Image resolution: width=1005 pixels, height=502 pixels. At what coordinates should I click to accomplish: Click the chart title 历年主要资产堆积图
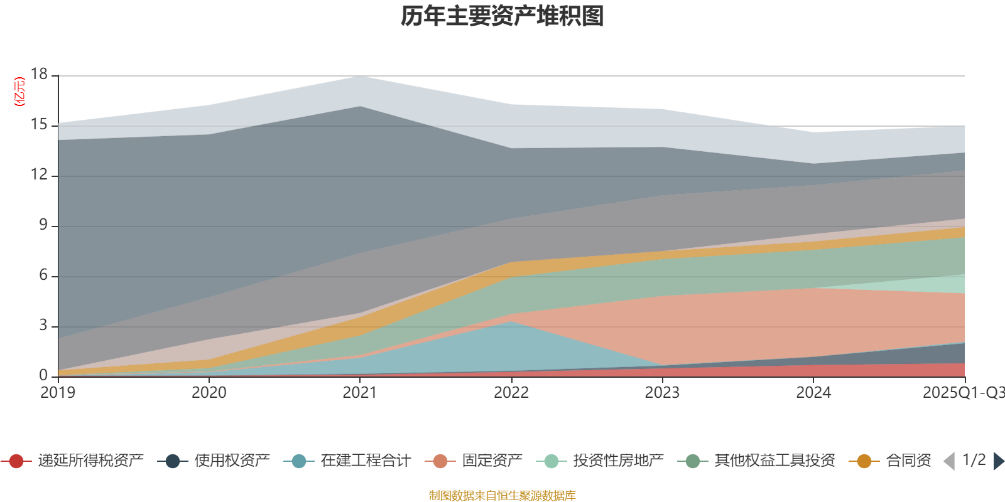point(503,16)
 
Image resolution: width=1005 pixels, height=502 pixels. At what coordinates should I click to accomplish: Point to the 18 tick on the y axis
point(39,74)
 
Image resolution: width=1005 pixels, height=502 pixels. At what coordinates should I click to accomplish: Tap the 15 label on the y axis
point(39,125)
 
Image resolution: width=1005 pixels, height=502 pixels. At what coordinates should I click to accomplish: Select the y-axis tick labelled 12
point(39,174)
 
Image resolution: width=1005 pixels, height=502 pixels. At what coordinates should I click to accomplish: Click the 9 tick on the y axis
point(43,225)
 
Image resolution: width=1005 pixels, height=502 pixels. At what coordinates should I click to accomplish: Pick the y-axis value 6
point(43,275)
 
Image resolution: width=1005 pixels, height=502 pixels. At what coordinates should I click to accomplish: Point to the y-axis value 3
point(43,325)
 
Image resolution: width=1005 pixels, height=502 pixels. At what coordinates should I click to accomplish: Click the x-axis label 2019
point(58,393)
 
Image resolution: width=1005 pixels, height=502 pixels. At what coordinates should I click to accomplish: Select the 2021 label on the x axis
point(360,393)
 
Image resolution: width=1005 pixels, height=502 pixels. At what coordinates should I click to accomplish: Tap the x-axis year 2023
point(662,393)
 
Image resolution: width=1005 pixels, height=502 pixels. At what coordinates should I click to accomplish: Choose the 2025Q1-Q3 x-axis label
point(962,393)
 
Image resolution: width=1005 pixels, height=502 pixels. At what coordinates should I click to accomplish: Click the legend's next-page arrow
point(998,461)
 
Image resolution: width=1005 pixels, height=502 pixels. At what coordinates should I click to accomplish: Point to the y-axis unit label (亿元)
point(19,92)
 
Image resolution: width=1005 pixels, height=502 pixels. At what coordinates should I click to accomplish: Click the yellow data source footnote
point(502,496)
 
